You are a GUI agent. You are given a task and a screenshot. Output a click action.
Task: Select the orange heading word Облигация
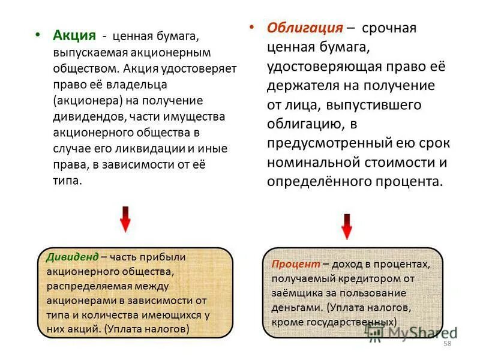(x=305, y=28)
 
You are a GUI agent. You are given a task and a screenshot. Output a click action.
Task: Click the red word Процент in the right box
(x=295, y=264)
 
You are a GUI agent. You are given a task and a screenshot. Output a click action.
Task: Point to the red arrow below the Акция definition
(x=125, y=219)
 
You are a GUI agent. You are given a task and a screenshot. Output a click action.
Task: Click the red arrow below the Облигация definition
(x=346, y=226)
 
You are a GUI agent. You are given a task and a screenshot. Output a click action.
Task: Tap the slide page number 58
(x=446, y=343)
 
